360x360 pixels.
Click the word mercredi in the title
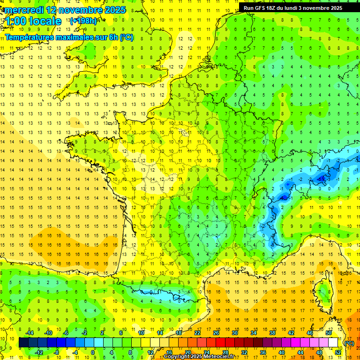coord(25,10)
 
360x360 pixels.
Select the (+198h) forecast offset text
coord(83,21)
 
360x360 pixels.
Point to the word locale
coord(45,21)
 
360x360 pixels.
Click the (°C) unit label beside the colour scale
coord(349,343)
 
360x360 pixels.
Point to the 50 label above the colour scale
coord(329,333)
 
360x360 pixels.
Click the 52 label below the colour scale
coord(338,352)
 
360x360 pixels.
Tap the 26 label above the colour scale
coord(216,333)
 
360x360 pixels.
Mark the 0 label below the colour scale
coord(93,352)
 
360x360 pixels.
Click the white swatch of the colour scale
coord(333,343)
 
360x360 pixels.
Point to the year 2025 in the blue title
coord(115,10)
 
